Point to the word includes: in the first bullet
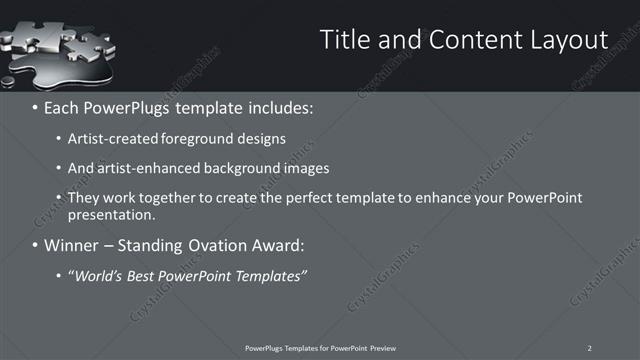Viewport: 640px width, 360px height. click(x=285, y=105)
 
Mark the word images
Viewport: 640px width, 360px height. click(x=304, y=168)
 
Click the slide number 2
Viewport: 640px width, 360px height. click(x=590, y=347)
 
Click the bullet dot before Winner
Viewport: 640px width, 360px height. click(x=36, y=245)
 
